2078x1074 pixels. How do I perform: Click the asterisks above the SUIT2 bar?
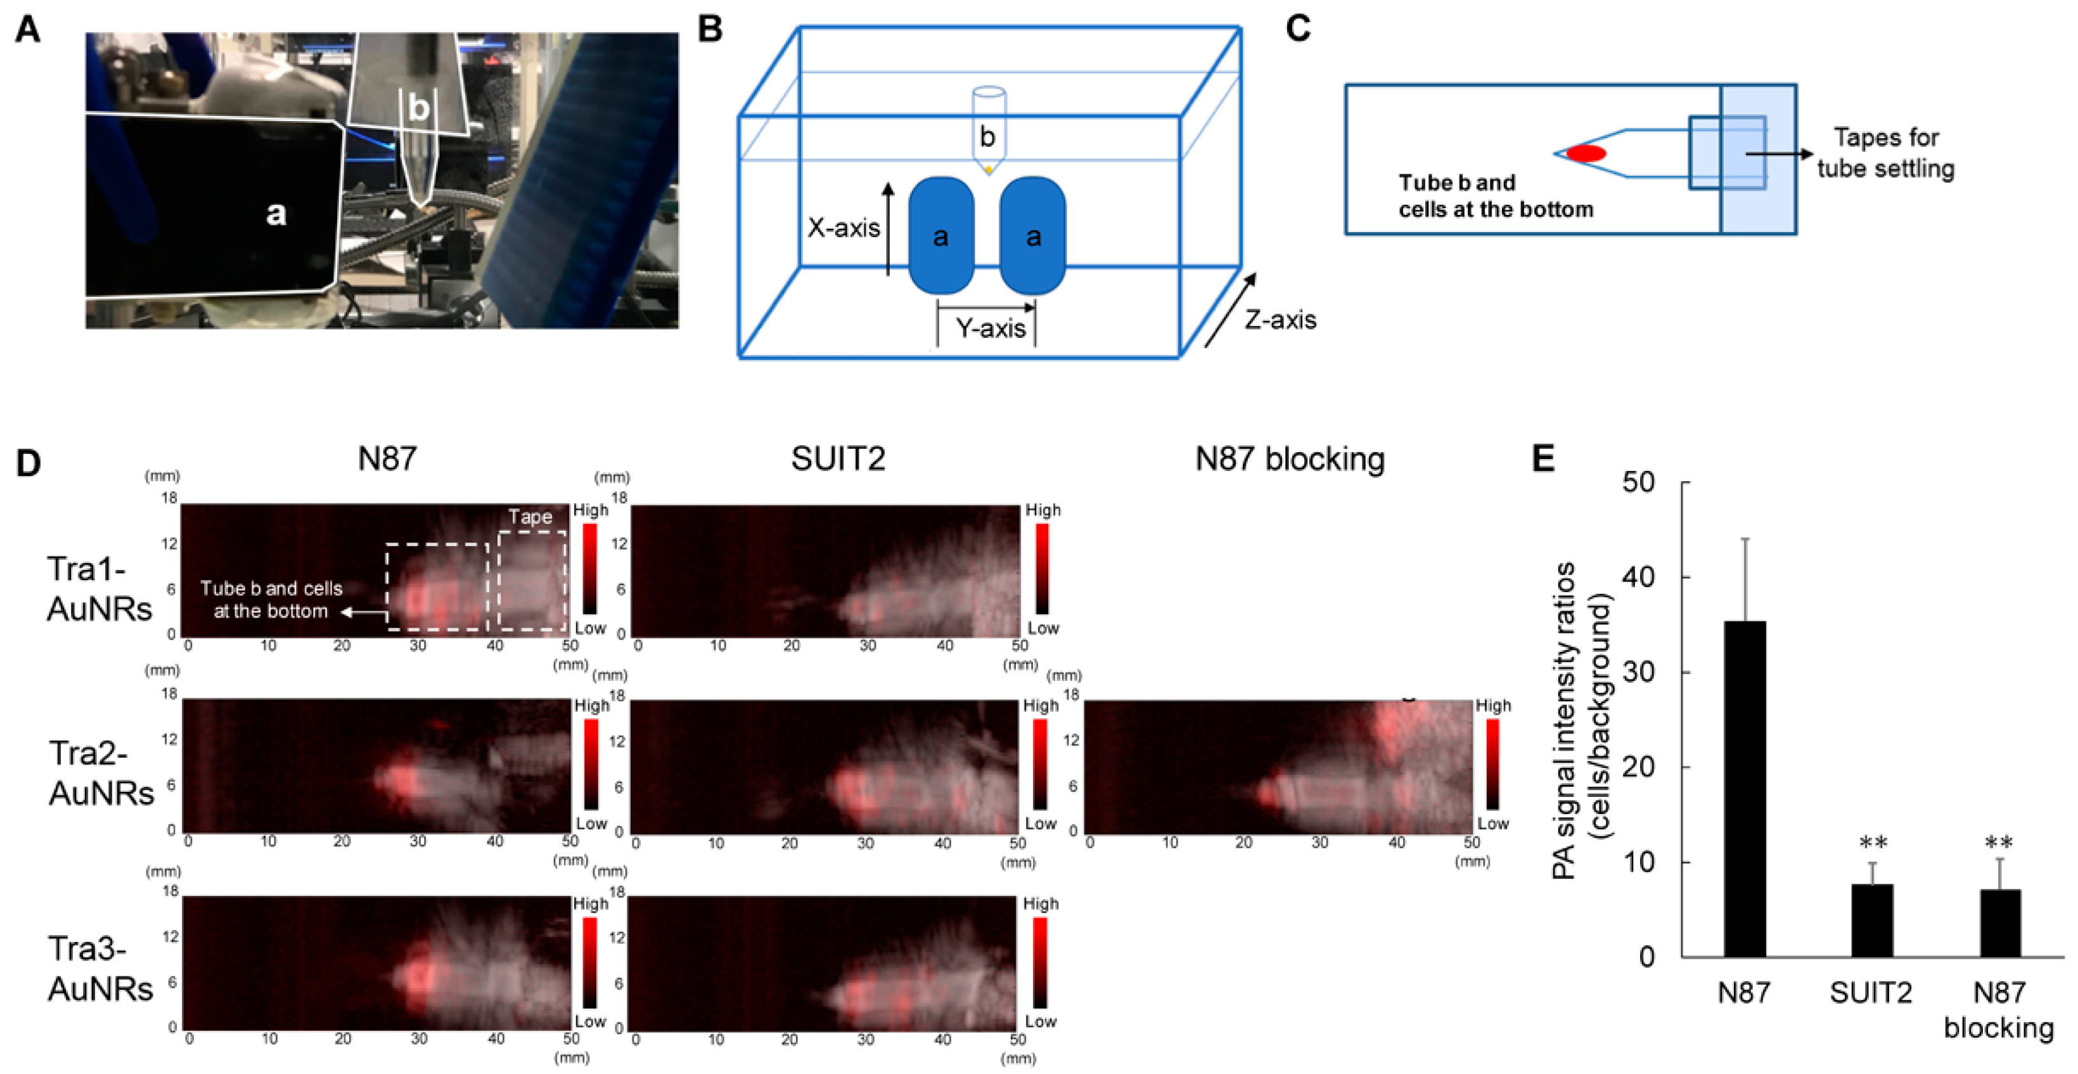pos(1872,844)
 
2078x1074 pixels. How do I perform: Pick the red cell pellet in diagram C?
pos(1585,153)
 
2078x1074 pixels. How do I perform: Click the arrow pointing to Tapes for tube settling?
pos(1779,153)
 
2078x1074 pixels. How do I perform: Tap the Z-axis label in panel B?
pos(1280,320)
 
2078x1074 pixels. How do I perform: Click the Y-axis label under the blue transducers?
pos(990,328)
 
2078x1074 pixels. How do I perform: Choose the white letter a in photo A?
pos(276,214)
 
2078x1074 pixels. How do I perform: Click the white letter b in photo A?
pos(418,107)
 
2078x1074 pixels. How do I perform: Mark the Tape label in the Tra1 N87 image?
pos(530,517)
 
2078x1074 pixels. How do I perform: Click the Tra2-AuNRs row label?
pos(101,773)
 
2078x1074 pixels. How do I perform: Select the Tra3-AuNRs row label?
pos(100,968)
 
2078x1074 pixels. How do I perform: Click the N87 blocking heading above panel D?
pos(1289,459)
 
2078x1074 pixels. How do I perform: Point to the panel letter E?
pos(1542,459)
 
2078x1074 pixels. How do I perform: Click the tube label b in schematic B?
pos(987,137)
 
